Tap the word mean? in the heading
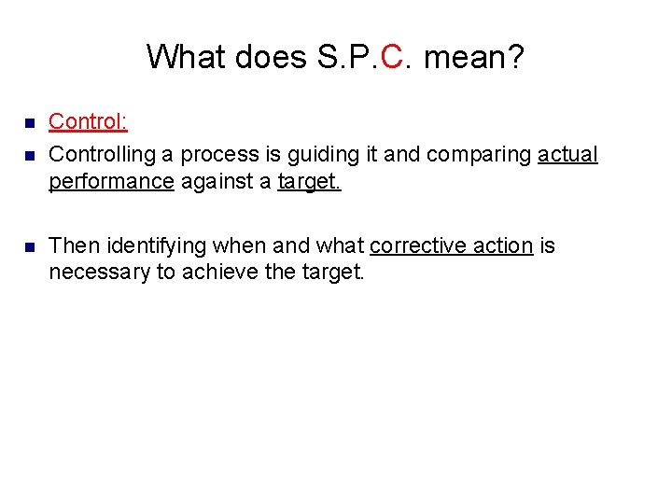(x=473, y=57)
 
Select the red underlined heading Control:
(x=88, y=121)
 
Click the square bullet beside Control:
(x=29, y=122)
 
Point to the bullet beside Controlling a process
(x=29, y=154)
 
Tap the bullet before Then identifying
(x=29, y=246)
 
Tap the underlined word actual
(x=567, y=154)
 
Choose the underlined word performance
(x=111, y=181)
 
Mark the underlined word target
(x=310, y=181)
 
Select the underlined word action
(x=505, y=246)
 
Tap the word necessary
(x=99, y=273)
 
